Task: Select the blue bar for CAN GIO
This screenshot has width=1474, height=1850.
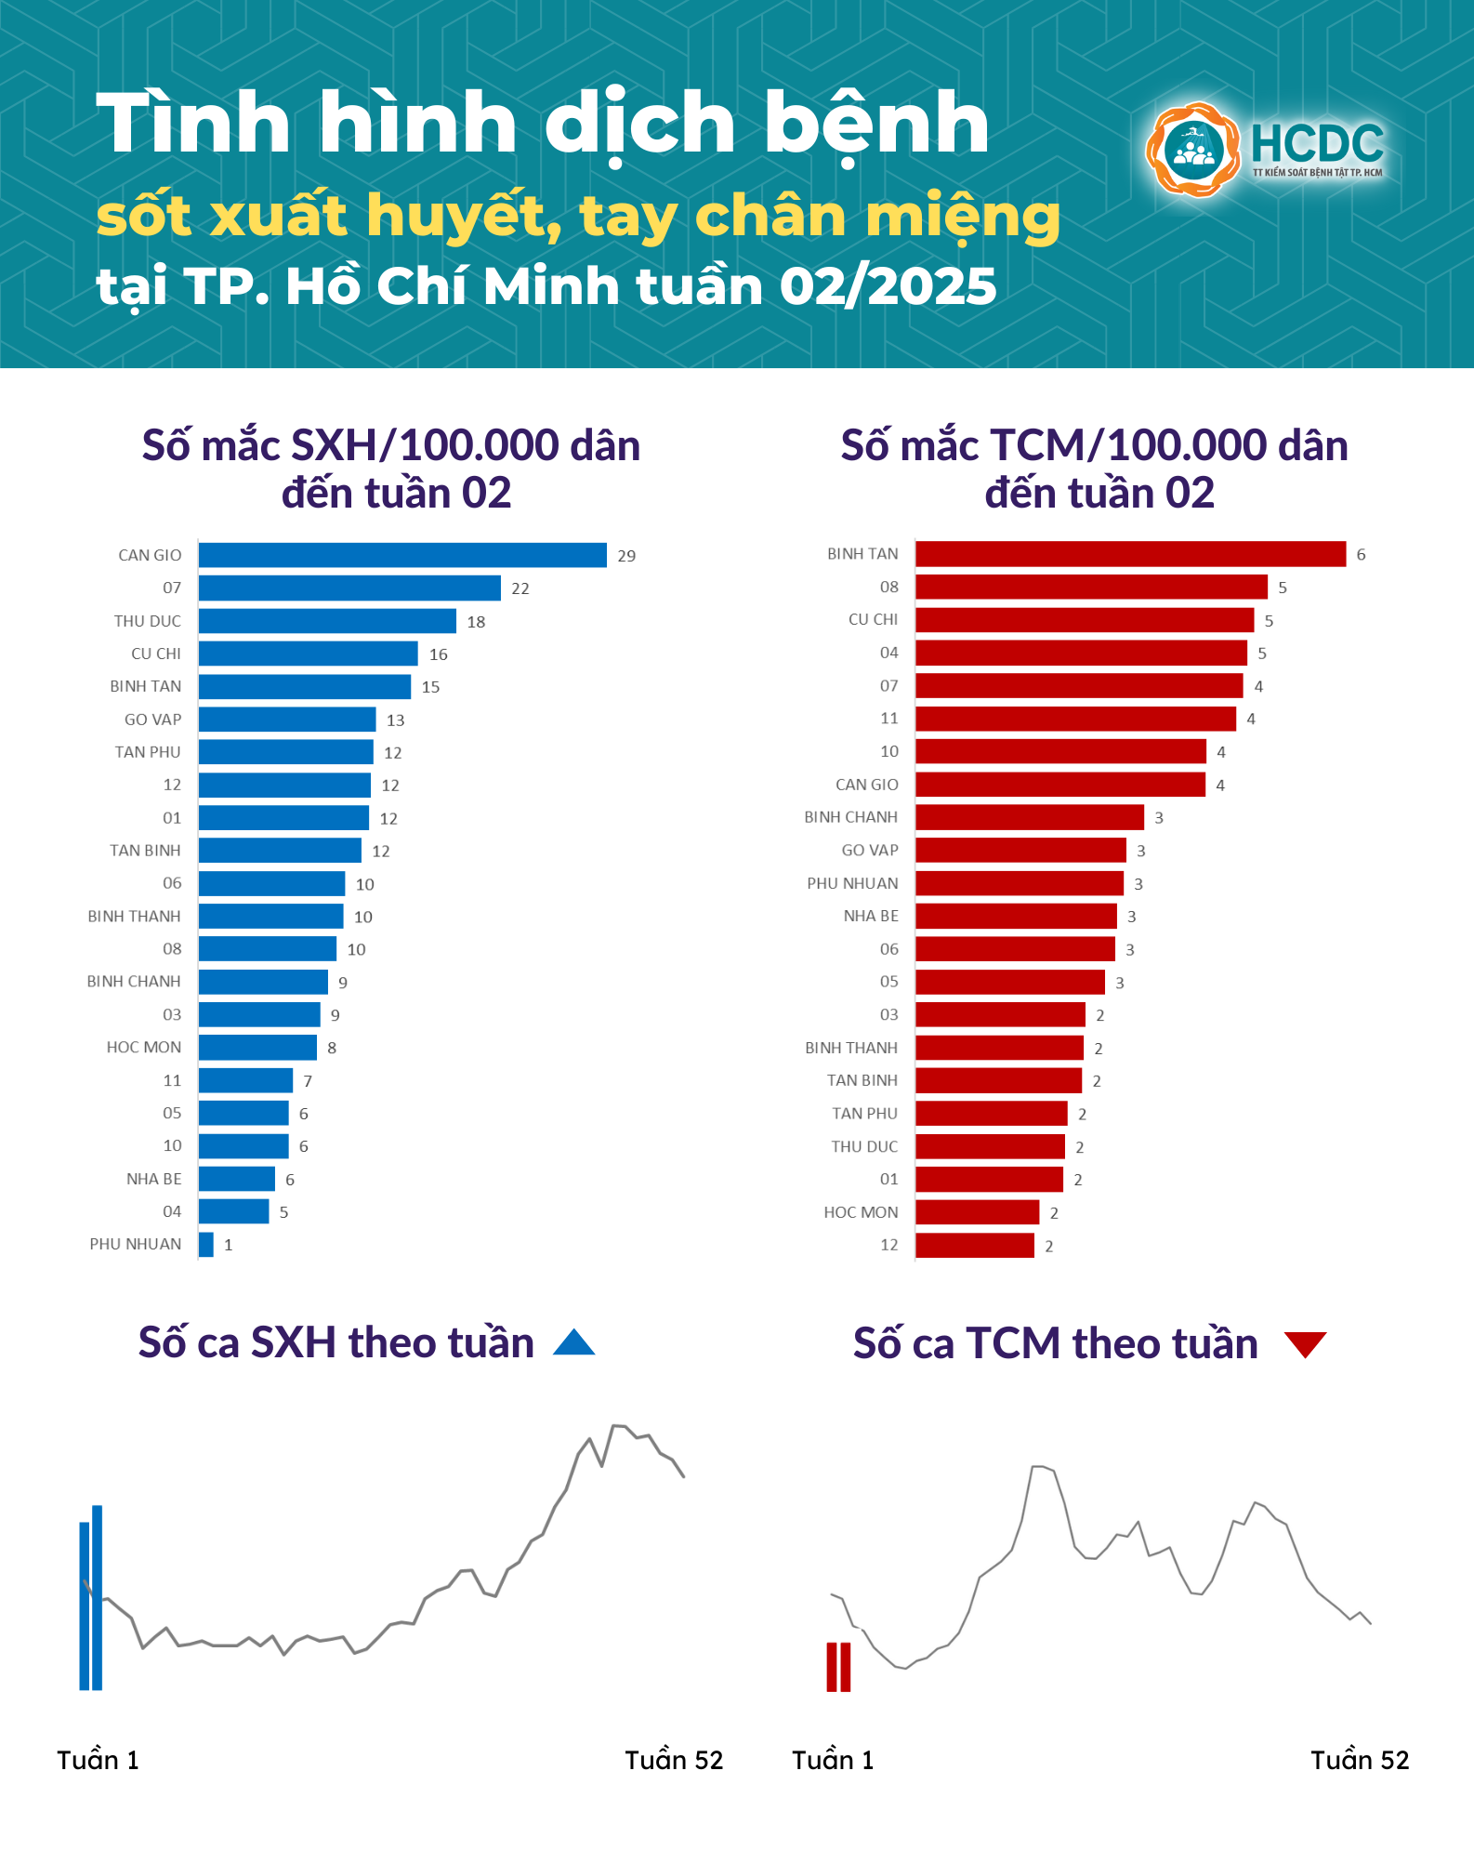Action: point(402,555)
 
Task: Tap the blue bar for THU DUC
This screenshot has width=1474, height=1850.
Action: point(327,621)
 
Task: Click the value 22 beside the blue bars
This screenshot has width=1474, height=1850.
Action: point(520,588)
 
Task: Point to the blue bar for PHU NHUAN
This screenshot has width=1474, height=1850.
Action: point(206,1245)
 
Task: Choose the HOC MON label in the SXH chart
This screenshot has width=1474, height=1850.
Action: point(144,1048)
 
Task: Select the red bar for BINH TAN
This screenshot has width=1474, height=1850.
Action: point(1130,554)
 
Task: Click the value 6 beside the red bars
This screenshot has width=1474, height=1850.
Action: point(1361,555)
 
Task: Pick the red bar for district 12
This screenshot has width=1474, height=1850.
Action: point(975,1246)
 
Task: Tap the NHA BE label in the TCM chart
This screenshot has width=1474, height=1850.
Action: point(871,917)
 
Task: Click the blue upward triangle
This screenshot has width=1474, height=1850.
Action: point(573,1343)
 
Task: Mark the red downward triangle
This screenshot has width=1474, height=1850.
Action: point(1305,1344)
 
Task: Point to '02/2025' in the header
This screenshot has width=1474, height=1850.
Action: point(888,286)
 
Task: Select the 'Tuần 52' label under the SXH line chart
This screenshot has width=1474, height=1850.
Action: point(674,1760)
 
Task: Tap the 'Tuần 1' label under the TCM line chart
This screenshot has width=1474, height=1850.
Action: point(833,1760)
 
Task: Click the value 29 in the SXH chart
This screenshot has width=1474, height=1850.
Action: point(626,556)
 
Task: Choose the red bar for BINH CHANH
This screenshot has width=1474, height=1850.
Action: point(1030,817)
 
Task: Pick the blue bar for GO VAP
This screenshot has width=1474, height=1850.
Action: point(287,720)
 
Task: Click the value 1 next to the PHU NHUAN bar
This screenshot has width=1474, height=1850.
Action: point(229,1246)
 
